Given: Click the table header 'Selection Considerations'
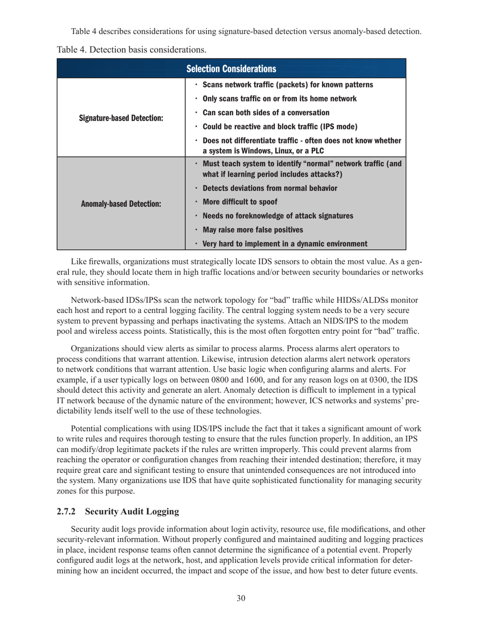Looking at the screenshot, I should pos(231,68).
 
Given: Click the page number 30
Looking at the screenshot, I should pos(241,599).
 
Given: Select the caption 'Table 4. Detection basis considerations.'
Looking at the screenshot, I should pos(132,50).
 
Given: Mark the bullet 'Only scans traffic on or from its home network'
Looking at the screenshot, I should pos(279,98).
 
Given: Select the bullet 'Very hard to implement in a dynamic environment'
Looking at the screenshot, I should pos(285,244).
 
